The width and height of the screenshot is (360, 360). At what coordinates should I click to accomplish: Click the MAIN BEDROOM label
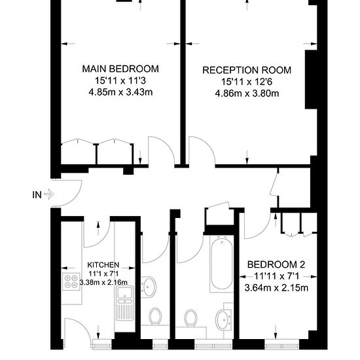coord(120,69)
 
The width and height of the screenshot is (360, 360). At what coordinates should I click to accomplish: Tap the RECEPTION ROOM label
coord(247,70)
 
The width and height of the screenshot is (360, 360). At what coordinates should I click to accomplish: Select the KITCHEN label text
coord(103,265)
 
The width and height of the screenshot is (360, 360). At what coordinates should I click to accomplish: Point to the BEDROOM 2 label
coord(276,264)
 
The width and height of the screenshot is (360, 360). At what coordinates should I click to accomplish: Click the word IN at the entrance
coord(37,195)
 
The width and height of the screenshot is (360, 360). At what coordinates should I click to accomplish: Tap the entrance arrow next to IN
coord(48,194)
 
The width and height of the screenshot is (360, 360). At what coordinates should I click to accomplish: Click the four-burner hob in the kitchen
coord(71,281)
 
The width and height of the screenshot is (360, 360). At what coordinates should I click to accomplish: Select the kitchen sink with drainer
coord(124,303)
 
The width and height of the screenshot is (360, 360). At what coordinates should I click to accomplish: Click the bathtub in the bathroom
coord(221,264)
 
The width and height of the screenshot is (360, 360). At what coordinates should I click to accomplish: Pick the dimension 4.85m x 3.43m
coord(120,92)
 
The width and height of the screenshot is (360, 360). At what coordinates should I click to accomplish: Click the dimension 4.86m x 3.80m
coord(247,94)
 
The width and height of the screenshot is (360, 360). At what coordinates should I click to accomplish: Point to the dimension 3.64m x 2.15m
coord(276,288)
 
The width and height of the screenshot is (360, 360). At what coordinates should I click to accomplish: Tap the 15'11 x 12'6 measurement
coord(247,82)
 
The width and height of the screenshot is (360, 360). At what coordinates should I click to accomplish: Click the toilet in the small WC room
coord(155,316)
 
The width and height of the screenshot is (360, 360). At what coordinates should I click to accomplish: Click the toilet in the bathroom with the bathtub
coord(190,318)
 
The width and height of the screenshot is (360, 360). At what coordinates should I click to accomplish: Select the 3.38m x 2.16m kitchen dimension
coord(103,282)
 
